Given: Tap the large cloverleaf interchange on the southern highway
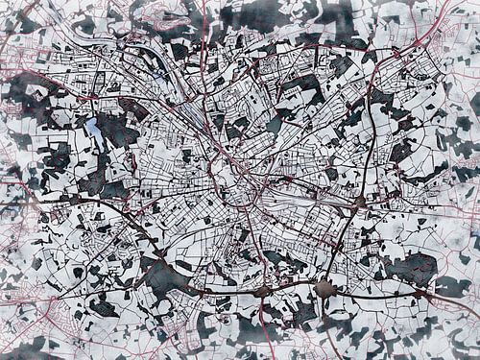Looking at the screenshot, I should tap(327, 288).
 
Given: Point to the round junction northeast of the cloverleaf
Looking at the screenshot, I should tap(359, 203).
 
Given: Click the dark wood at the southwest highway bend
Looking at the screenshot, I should tap(163, 279).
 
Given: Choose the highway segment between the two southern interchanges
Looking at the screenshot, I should tap(295, 289).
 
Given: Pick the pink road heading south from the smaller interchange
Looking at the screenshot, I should tap(260, 326).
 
